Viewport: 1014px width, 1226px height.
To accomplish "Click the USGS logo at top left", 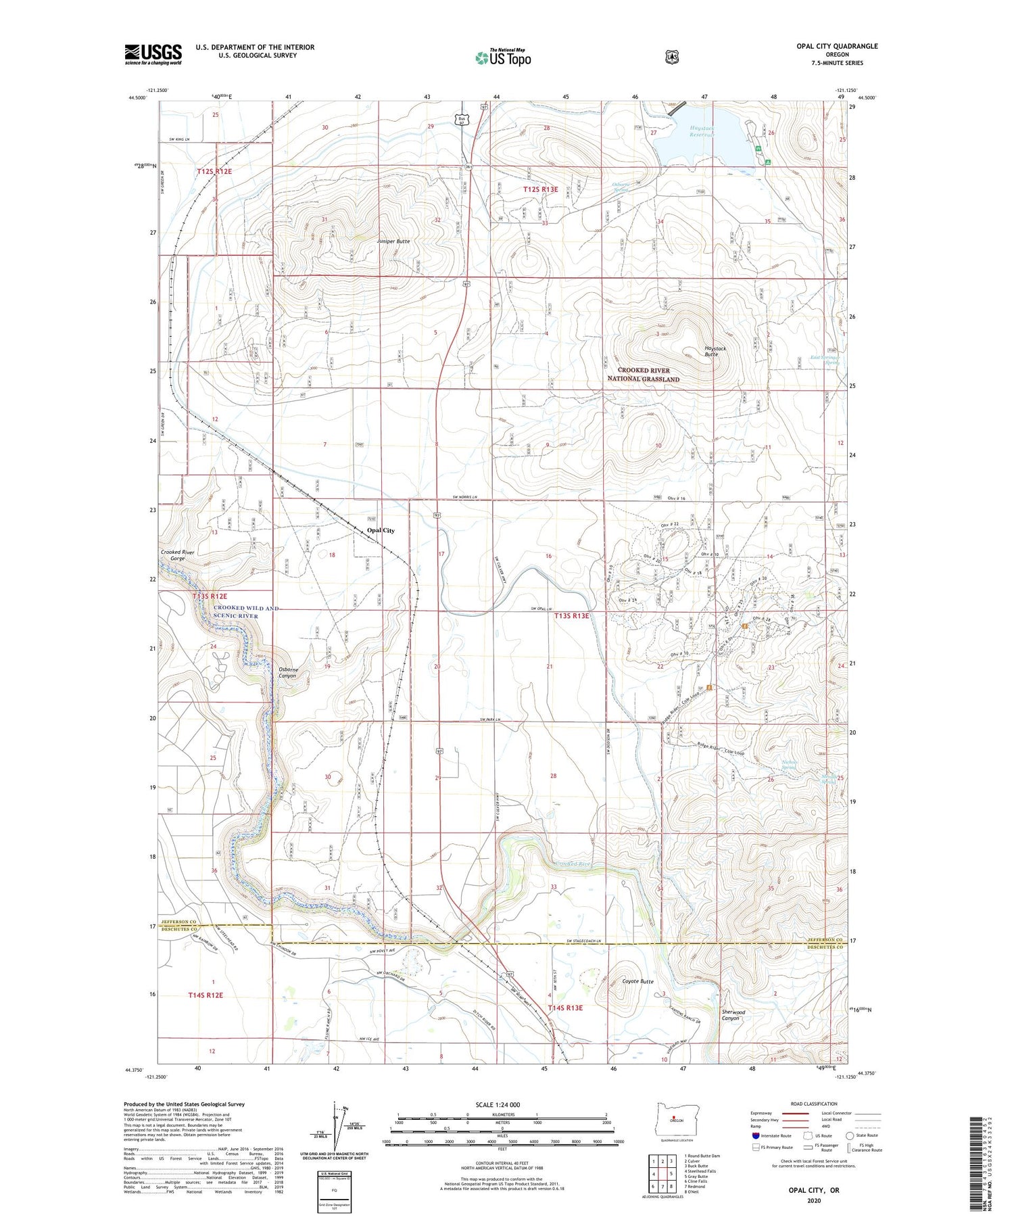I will (x=153, y=54).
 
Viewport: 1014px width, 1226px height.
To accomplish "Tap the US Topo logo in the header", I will (x=503, y=57).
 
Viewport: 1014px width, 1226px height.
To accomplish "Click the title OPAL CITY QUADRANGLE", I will (x=837, y=46).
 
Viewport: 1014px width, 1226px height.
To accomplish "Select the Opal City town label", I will (x=381, y=531).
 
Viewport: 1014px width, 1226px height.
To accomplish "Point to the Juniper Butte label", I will (x=393, y=241).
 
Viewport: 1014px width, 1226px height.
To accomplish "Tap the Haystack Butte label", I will (x=715, y=352).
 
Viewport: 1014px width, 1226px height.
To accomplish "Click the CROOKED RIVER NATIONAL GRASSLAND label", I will (x=644, y=375).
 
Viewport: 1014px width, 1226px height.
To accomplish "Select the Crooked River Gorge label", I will (x=177, y=556).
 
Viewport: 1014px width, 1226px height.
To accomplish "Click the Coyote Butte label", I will (x=637, y=981).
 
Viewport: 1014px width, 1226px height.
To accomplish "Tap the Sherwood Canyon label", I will (x=733, y=1015).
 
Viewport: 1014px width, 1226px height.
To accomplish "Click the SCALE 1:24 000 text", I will (x=502, y=1104).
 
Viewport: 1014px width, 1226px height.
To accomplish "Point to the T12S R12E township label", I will (x=214, y=172).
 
